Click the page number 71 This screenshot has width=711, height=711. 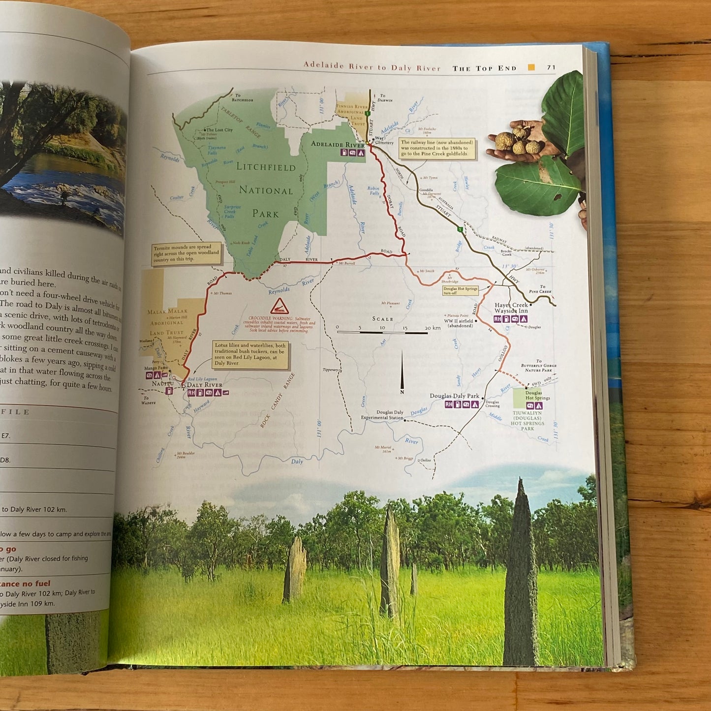click(551, 68)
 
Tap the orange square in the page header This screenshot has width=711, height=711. click(531, 67)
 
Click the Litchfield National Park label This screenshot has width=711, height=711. click(266, 190)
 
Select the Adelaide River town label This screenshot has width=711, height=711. click(338, 144)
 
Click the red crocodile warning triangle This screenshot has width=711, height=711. click(279, 306)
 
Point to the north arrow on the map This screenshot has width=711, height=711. click(402, 371)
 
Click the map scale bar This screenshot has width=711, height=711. click(382, 333)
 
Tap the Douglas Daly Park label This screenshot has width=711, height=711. click(454, 396)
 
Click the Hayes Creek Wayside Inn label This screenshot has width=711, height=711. click(511, 308)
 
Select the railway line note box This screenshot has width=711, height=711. click(437, 148)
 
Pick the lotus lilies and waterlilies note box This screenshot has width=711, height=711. click(250, 354)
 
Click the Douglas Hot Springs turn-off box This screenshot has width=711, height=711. click(460, 290)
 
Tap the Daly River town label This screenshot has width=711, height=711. click(205, 385)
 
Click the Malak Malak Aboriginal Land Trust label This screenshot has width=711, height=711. click(167, 322)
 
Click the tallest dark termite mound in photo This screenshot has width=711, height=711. click(521, 576)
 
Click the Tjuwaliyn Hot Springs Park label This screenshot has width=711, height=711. click(527, 421)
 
